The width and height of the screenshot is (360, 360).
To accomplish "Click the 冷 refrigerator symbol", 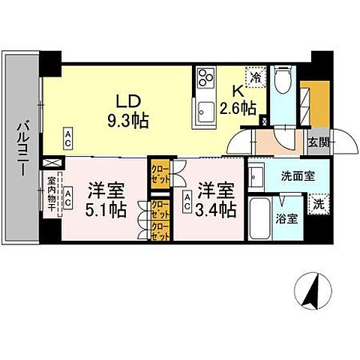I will (256, 76).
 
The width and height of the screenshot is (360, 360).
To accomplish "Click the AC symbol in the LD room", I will (67, 136).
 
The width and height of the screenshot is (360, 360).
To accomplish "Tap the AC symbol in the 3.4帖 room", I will (187, 198).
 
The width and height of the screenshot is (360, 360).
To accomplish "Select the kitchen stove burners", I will (205, 77).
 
